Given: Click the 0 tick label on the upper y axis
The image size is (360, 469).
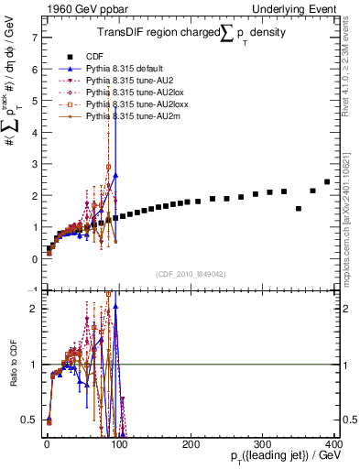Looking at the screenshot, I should pyautogui.click(x=34, y=258).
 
